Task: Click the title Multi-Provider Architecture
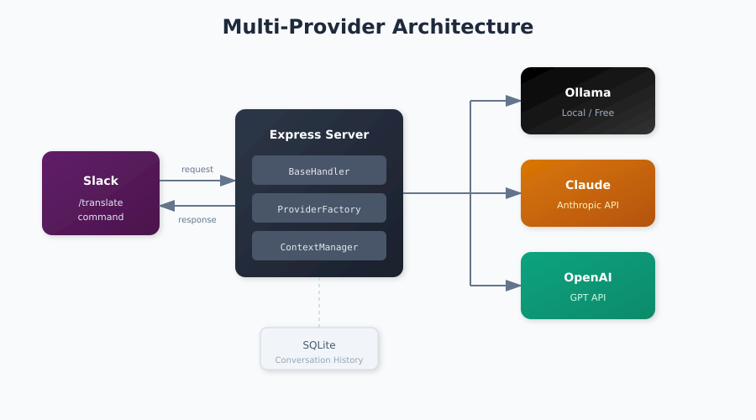(377, 27)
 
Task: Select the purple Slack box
(101, 193)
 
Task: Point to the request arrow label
(197, 170)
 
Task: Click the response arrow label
(197, 220)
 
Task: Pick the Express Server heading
(319, 134)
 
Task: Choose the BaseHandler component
(319, 171)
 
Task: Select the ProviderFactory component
(319, 208)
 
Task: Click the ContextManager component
(319, 246)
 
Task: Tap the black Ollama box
(588, 101)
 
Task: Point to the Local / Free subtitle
(588, 113)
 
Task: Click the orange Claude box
(588, 193)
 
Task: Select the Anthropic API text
(588, 205)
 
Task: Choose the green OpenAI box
(588, 286)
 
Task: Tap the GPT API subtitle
(588, 297)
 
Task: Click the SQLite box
(319, 349)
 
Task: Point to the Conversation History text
(319, 360)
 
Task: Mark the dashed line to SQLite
(319, 302)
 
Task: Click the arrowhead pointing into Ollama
(513, 101)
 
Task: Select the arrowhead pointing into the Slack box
(167, 206)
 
